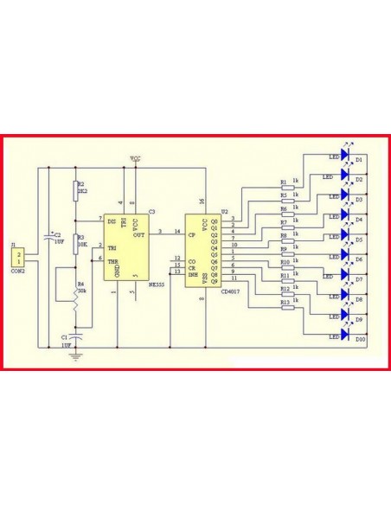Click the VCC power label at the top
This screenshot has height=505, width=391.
coord(136,159)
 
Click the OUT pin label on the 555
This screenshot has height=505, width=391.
coord(138,232)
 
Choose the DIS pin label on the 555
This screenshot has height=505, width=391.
coord(112,221)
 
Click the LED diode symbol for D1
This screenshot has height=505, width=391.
coord(344,157)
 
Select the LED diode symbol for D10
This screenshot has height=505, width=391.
coord(344,335)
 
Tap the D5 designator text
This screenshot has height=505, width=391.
coord(358,239)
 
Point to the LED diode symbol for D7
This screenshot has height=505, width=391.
coord(344,276)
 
